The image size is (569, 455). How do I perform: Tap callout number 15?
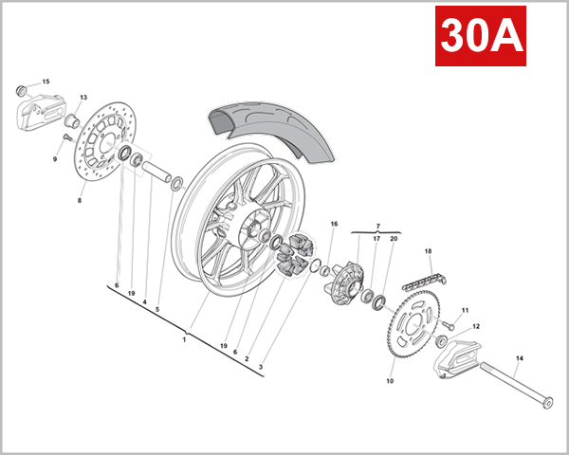pos(46,82)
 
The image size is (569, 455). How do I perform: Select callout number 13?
pos(83,98)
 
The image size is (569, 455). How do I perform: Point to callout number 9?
pos(55,158)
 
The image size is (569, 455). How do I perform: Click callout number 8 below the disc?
pos(80,201)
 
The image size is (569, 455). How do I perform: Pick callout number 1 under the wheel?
pos(184,338)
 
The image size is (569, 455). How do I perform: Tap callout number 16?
pos(334,224)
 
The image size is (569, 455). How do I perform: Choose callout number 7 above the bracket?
pos(377,227)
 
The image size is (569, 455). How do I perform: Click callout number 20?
pos(394,240)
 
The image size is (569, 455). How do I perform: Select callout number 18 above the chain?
pos(428,251)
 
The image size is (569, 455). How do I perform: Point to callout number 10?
pos(389,381)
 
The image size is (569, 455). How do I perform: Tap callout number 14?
pos(519,359)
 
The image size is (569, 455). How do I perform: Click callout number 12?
pos(476,326)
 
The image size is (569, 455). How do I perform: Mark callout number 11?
pos(466,310)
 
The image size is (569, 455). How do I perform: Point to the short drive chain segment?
pos(422,282)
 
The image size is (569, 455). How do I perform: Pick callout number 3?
pos(261,366)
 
